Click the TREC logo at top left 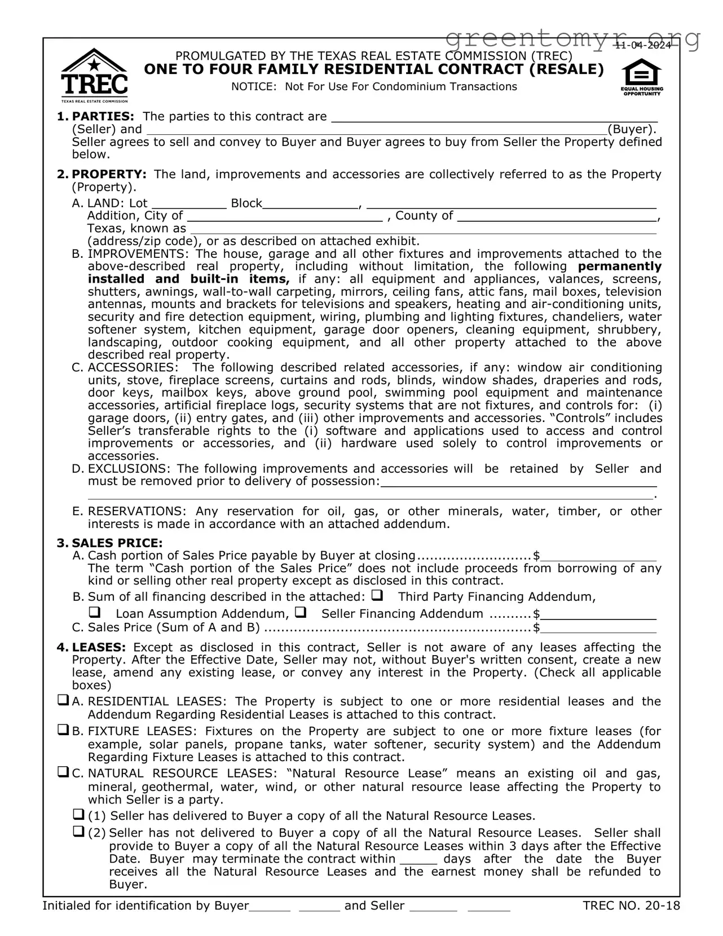coord(94,75)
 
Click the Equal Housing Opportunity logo coord(642,78)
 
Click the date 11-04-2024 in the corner coord(643,45)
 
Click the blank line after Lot coord(189,204)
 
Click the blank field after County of coord(557,216)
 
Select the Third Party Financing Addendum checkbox coord(377,595)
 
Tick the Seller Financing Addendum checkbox coord(301,612)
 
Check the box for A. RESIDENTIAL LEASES coord(63,701)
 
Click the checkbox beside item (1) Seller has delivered coord(78,815)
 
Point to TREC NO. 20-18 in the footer coord(632,906)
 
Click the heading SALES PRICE coord(117,543)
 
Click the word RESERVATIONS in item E coord(136,511)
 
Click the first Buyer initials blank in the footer coord(270,907)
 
